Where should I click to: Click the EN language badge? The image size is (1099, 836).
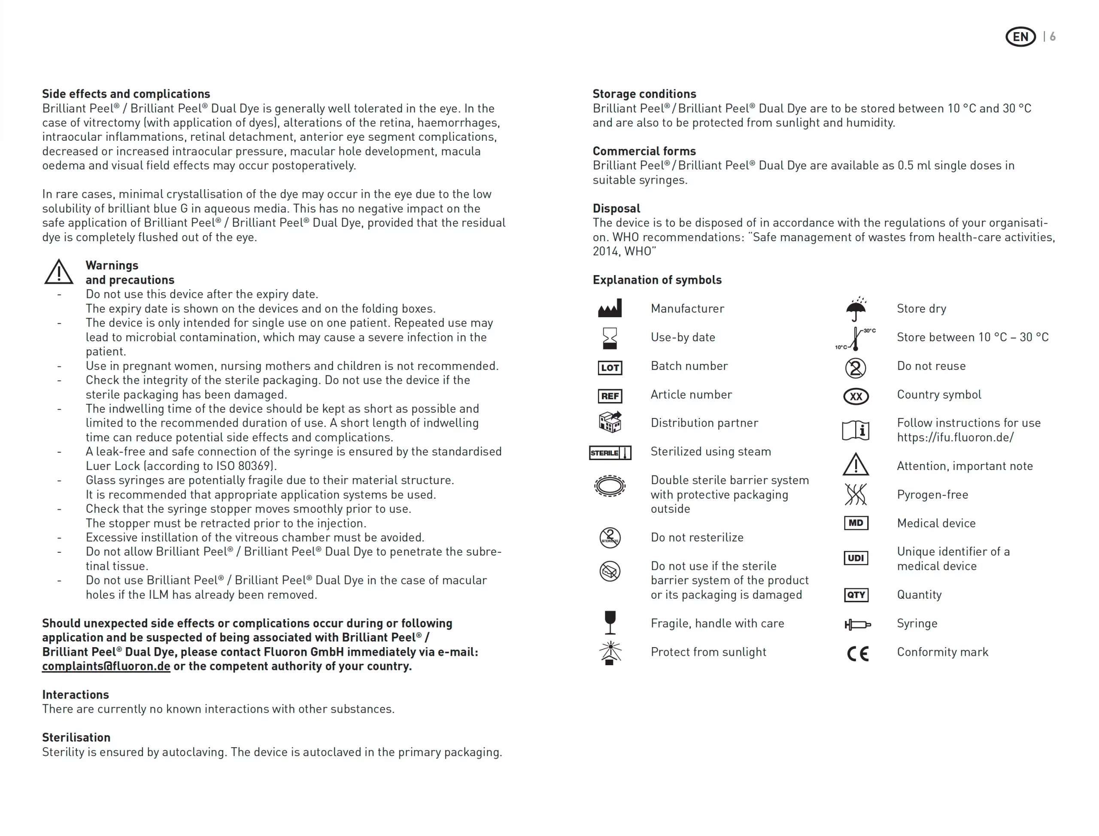[x=1020, y=36]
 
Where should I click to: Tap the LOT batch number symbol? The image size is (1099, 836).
[x=610, y=367]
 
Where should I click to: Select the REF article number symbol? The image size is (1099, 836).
[x=610, y=396]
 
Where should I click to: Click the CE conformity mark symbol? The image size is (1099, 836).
[x=858, y=653]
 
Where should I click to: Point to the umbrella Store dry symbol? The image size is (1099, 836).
[x=856, y=309]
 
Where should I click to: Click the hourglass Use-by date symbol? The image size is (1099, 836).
[x=610, y=338]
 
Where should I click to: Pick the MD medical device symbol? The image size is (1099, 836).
[x=856, y=523]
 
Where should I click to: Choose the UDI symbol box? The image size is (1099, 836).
[x=856, y=558]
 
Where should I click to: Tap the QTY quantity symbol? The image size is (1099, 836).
[x=856, y=595]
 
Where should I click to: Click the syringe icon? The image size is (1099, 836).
[x=857, y=624]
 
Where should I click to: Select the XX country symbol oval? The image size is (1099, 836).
[x=856, y=396]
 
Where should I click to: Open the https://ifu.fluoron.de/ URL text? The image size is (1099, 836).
[x=955, y=437]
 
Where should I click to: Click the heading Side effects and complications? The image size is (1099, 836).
[x=126, y=94]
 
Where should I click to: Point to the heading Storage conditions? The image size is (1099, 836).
[x=644, y=94]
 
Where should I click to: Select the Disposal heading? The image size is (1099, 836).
[x=616, y=208]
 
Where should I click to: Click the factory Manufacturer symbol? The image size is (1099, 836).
[x=610, y=309]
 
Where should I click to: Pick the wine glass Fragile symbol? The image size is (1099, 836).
[x=610, y=622]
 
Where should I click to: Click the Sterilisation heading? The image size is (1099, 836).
[x=76, y=737]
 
